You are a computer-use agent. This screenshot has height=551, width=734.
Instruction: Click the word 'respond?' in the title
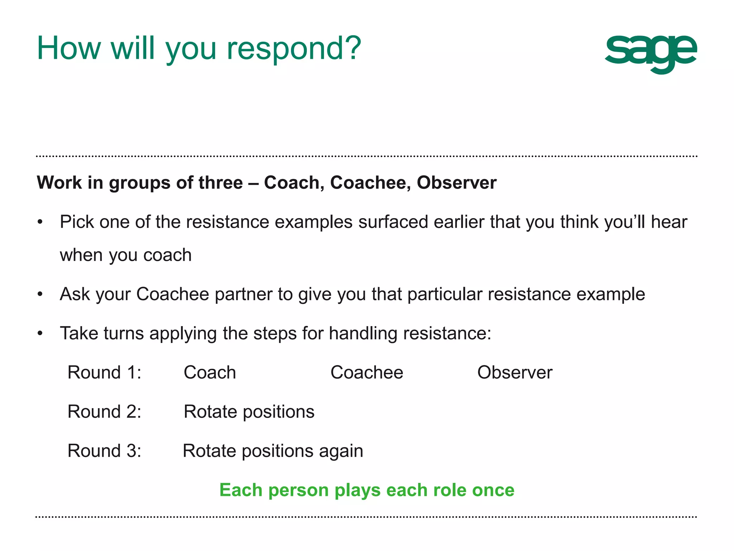[x=294, y=49]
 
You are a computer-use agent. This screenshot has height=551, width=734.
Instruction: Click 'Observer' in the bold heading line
[x=456, y=183]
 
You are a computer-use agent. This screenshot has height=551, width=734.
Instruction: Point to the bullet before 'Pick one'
[x=40, y=222]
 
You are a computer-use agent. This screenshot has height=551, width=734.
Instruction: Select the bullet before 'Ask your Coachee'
[x=40, y=295]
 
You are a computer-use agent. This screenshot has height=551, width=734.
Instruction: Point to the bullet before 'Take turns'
[x=40, y=334]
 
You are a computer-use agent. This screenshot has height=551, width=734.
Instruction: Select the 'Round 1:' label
[x=104, y=372]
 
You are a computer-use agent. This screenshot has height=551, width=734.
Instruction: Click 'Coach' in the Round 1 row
[x=210, y=372]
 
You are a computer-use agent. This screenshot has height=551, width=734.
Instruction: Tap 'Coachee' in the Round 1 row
[x=367, y=372]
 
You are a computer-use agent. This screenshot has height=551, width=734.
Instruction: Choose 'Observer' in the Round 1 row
[x=515, y=372]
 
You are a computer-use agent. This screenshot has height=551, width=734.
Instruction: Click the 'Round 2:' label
[x=104, y=411]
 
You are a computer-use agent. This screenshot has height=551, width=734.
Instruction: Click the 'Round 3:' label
[x=104, y=451]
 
